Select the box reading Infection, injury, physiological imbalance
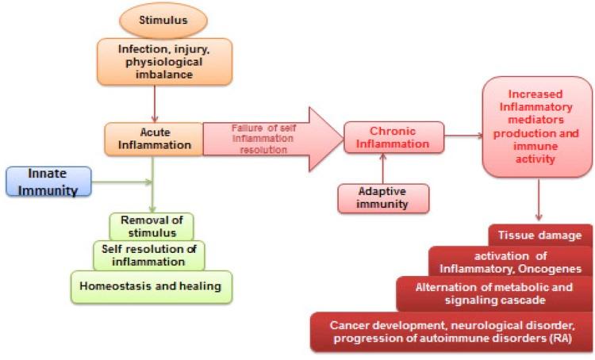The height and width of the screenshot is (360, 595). [162, 61]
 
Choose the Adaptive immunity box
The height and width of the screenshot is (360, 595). [384, 197]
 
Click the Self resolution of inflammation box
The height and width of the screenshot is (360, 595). [151, 255]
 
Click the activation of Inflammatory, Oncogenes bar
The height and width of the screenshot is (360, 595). [511, 262]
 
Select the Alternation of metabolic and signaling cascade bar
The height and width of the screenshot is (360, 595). [494, 293]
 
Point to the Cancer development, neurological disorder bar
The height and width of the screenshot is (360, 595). [451, 332]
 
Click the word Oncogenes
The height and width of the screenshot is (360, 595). [554, 268]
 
